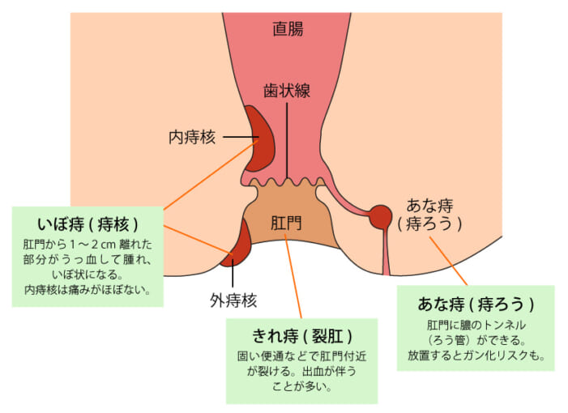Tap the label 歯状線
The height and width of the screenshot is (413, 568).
[286, 91]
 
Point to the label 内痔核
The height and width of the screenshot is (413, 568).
[193, 137]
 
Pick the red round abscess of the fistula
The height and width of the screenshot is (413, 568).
[380, 216]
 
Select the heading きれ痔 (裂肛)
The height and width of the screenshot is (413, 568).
[301, 334]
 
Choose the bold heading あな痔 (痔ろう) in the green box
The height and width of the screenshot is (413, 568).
[476, 304]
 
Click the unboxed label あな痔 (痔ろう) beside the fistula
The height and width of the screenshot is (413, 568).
[429, 214]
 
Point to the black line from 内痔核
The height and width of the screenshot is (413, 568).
[239, 137]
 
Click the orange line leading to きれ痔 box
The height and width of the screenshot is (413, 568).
[294, 275]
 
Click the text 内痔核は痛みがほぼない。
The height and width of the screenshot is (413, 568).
[88, 289]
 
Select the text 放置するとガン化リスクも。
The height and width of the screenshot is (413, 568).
[476, 355]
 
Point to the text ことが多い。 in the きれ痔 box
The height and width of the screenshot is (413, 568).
[301, 386]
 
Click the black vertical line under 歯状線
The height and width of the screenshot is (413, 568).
[286, 138]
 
